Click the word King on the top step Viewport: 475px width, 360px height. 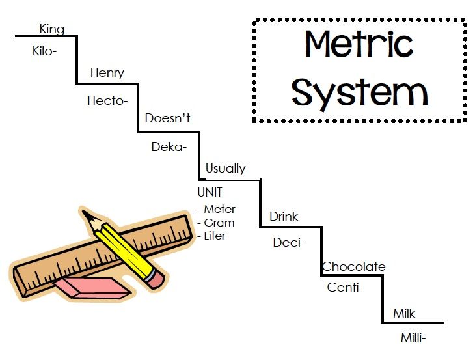click(52, 29)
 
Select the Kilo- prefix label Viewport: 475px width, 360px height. click(44, 51)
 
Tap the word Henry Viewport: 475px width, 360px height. click(107, 73)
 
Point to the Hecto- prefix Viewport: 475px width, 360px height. click(107, 100)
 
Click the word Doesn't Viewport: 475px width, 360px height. click(167, 118)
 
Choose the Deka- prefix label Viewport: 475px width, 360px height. click(169, 146)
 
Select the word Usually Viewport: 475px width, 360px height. click(226, 169)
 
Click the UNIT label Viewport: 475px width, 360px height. click(210, 192)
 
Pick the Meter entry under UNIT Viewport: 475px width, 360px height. click(220, 209)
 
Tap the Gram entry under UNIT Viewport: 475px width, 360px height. click(219, 223)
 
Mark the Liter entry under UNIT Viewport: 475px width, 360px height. click(215, 236)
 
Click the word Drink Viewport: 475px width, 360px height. click(284, 216)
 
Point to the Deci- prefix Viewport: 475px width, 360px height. click(289, 242)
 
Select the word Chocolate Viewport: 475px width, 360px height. click(354, 266)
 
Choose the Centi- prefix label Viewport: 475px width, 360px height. click(345, 287)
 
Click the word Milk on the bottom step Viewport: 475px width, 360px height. click(404, 313)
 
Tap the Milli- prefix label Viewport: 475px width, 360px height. click(413, 337)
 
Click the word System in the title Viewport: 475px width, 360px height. click(360, 92)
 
